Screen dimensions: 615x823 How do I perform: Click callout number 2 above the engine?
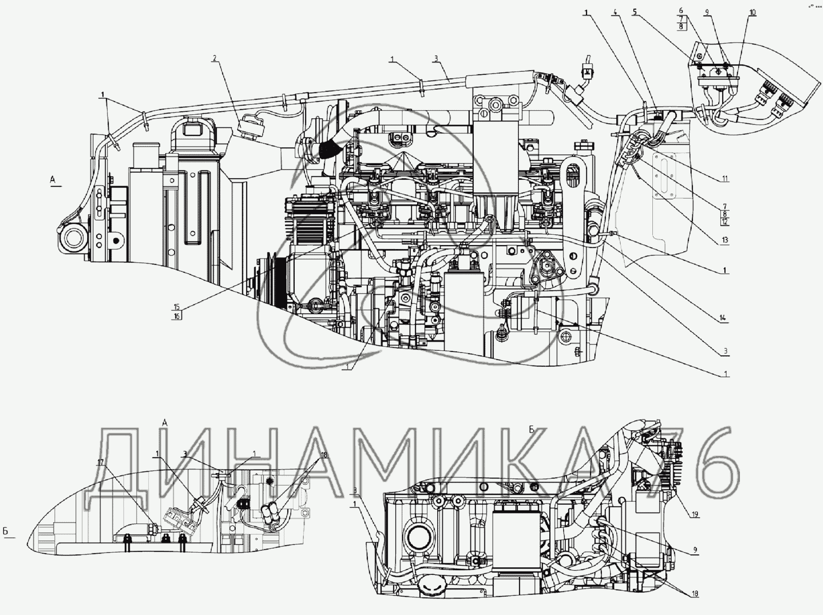(x=214, y=58)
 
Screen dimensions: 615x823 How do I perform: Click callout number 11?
(x=725, y=179)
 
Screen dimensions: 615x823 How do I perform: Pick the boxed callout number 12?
(x=724, y=221)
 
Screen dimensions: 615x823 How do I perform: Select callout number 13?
(x=724, y=240)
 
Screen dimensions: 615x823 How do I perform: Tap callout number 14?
(x=723, y=318)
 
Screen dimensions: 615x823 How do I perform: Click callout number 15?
(x=177, y=307)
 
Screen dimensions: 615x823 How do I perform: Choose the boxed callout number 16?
(x=177, y=316)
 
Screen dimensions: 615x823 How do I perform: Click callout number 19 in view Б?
(x=695, y=515)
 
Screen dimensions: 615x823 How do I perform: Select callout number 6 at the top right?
(x=681, y=10)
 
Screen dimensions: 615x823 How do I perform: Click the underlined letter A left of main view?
(x=53, y=179)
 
